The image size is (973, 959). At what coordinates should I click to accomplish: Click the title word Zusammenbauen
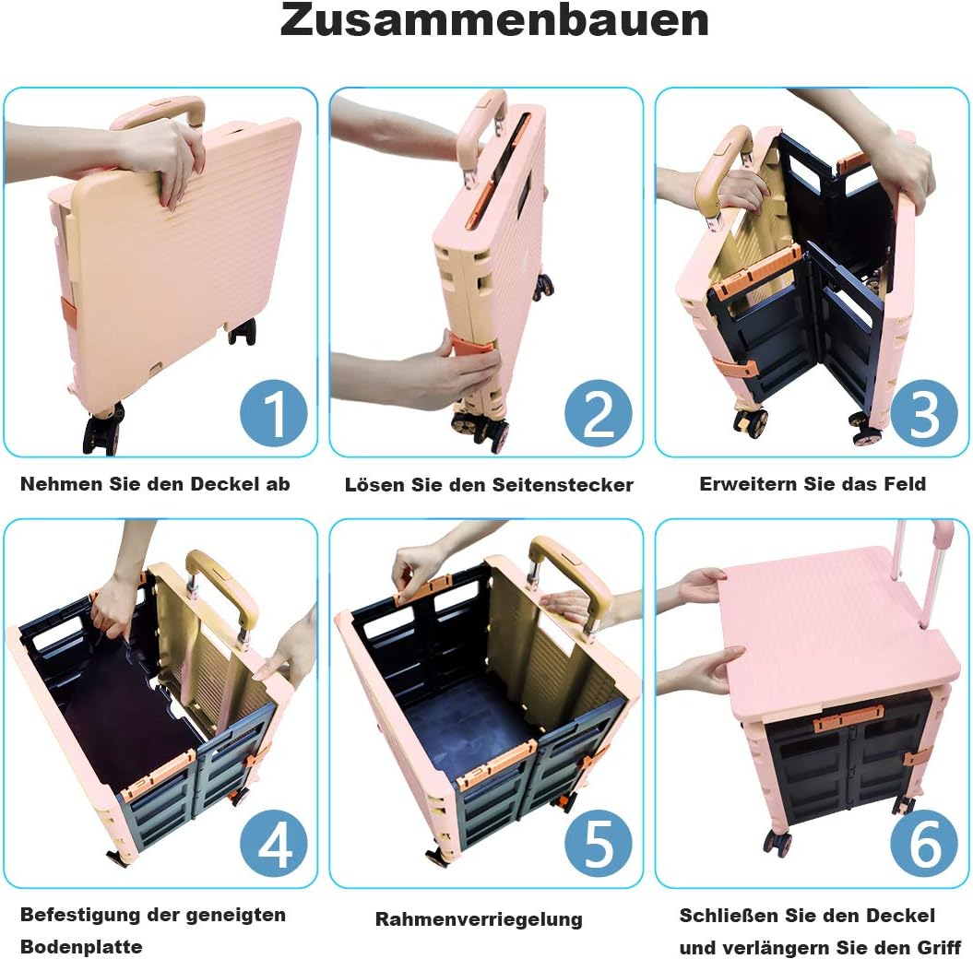click(x=494, y=20)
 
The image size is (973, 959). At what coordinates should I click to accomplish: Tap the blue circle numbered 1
click(x=274, y=414)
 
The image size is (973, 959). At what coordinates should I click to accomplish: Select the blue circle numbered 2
click(x=599, y=414)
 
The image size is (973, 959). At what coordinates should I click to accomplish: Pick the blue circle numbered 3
click(x=924, y=414)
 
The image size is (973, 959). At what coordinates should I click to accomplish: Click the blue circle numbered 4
click(x=274, y=844)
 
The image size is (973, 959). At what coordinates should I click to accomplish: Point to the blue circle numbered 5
click(x=599, y=844)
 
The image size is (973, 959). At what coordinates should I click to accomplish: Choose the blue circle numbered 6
click(x=924, y=844)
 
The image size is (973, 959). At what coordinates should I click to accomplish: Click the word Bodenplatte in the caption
click(x=81, y=947)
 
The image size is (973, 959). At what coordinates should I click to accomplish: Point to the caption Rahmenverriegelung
click(x=479, y=919)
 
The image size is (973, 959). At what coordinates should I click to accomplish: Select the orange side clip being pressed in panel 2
click(x=469, y=347)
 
